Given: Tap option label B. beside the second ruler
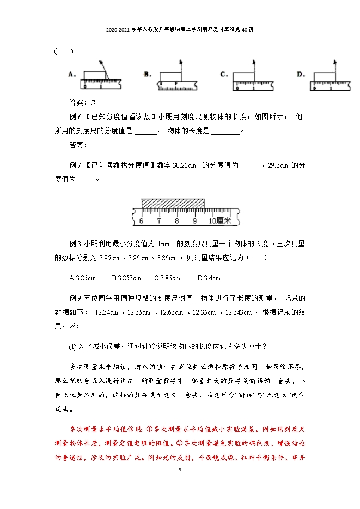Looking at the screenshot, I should click(x=147, y=74).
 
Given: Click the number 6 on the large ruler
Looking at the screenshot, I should click(x=141, y=222).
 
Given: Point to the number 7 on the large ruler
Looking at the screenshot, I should click(x=159, y=222).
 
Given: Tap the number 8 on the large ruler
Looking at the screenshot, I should click(x=177, y=222).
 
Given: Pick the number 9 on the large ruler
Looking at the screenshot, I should click(x=194, y=222).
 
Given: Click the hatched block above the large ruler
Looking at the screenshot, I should click(x=173, y=204).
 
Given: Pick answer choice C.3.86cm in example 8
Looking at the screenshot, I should click(x=167, y=278).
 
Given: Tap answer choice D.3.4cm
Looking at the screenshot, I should click(x=209, y=278).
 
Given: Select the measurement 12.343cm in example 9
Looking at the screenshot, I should click(x=237, y=312).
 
